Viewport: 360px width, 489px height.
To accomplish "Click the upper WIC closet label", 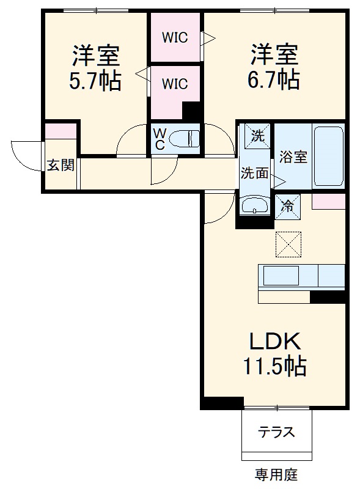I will (175, 37).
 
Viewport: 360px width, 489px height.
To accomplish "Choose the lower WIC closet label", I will (175, 84).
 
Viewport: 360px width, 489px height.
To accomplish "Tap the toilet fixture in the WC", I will (185, 138).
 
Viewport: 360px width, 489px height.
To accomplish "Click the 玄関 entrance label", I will (61, 165).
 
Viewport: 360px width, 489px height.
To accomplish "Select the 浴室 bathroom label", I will (293, 156).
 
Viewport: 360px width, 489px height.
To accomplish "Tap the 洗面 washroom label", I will (254, 173).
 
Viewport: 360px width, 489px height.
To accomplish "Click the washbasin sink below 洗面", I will (253, 205).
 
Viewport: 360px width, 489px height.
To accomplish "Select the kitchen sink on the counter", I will (281, 275).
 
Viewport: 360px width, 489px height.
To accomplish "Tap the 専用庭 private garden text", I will (276, 474).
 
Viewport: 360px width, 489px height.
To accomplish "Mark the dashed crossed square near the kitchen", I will (288, 243).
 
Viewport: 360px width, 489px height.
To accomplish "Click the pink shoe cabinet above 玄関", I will (61, 131).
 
